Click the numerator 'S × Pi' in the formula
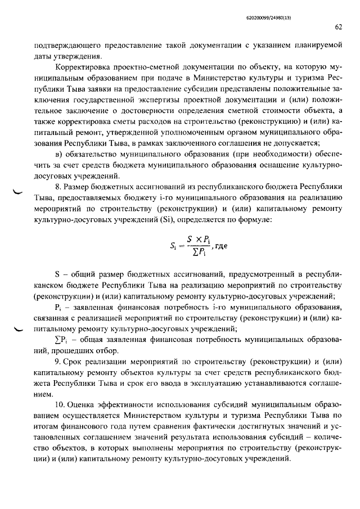coord(198,238)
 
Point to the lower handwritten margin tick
coord(19,331)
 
